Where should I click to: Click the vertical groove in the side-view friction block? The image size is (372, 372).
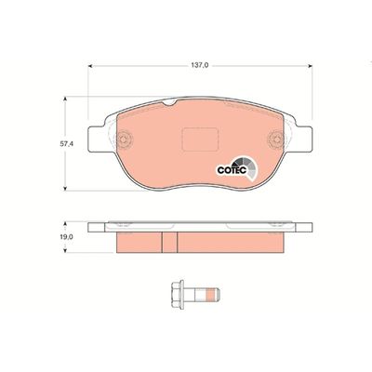point(163,241)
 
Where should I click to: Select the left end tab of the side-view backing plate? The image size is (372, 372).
point(97,227)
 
